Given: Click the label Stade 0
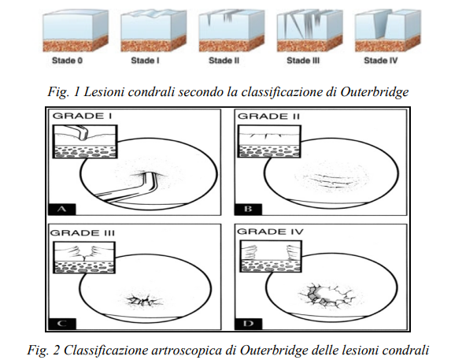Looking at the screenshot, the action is coord(68,61).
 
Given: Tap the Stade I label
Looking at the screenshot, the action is coord(146,61).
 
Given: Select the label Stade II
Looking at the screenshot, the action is coord(224,61).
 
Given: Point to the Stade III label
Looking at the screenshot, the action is coord(303,61).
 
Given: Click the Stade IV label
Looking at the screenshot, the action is coord(381,61).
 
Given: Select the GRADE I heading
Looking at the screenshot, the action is coord(83,116).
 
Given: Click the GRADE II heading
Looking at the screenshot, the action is coord(268,116).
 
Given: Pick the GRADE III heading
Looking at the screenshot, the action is coord(83,232).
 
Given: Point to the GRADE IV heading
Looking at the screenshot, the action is coord(270,232).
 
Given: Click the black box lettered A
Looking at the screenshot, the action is coord(62,210).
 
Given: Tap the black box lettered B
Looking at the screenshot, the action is coord(248,210).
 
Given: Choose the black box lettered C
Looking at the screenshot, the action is coord(62,324).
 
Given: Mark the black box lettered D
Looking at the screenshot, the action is coord(248,324).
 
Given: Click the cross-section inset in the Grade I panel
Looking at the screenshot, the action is coord(85,141).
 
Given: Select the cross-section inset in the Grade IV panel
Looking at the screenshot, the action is coord(271,256).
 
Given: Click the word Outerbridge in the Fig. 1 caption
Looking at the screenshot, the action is coord(374,92).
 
